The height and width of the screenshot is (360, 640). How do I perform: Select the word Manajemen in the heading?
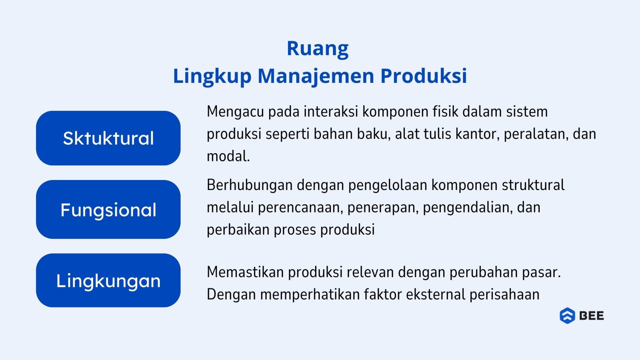(316, 76)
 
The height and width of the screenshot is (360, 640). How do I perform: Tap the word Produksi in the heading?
(423, 76)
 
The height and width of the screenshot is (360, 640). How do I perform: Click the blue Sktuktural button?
(108, 138)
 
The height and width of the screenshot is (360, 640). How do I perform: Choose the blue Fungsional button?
(108, 209)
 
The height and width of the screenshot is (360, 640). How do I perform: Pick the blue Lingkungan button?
(108, 280)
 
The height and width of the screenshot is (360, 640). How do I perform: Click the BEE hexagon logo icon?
(567, 316)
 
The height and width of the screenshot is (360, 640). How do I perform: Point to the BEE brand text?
(592, 316)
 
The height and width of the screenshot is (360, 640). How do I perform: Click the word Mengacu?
(235, 112)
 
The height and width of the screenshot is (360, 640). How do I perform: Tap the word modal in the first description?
(228, 156)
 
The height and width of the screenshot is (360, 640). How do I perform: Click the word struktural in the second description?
(533, 185)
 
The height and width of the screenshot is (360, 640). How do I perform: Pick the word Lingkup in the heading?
(212, 76)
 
